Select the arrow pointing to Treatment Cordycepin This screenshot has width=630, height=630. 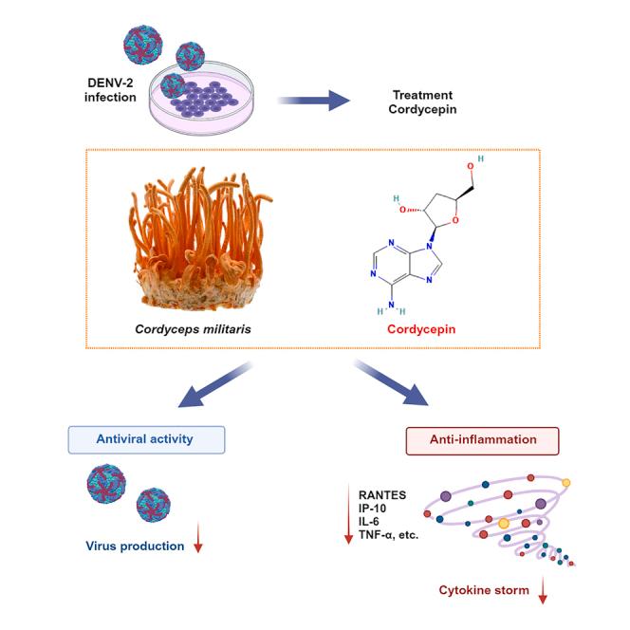coord(314,100)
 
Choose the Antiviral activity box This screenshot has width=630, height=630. coord(146,438)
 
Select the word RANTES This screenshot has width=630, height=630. coord(382,493)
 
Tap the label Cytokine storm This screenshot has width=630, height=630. coord(484,590)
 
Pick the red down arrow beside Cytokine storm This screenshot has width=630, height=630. coord(544,593)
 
